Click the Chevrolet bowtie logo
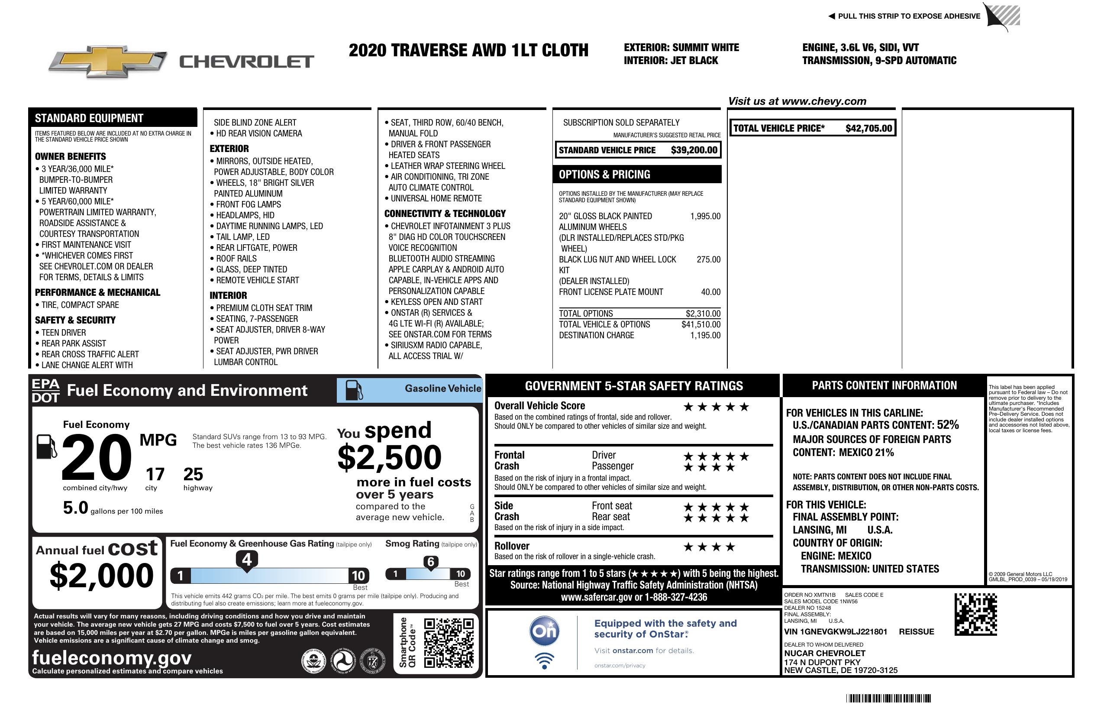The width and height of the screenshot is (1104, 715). pyautogui.click(x=108, y=61)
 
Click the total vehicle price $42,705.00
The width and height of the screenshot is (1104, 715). pyautogui.click(x=868, y=129)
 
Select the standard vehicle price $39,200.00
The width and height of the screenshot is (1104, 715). pyautogui.click(x=694, y=150)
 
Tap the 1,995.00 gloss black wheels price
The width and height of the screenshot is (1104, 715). pyautogui.click(x=705, y=216)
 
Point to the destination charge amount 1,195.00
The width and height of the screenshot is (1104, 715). pyautogui.click(x=705, y=336)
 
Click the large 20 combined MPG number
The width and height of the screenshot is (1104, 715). pyautogui.click(x=97, y=457)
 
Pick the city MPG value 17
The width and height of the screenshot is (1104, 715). pyautogui.click(x=155, y=474)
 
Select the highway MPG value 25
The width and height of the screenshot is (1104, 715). pyautogui.click(x=193, y=474)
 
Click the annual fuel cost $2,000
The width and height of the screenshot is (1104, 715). pyautogui.click(x=101, y=576)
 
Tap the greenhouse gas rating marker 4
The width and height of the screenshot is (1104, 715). pyautogui.click(x=247, y=560)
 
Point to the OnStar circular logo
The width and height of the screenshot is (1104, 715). pyautogui.click(x=544, y=631)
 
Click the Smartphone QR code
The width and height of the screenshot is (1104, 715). pyautogui.click(x=449, y=642)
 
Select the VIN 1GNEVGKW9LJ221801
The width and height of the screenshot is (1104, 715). pyautogui.click(x=836, y=632)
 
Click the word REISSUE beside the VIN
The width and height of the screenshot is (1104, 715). pyautogui.click(x=917, y=632)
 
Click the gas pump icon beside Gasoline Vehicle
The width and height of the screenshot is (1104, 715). pyautogui.click(x=354, y=390)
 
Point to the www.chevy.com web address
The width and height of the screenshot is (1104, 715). pyautogui.click(x=824, y=102)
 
